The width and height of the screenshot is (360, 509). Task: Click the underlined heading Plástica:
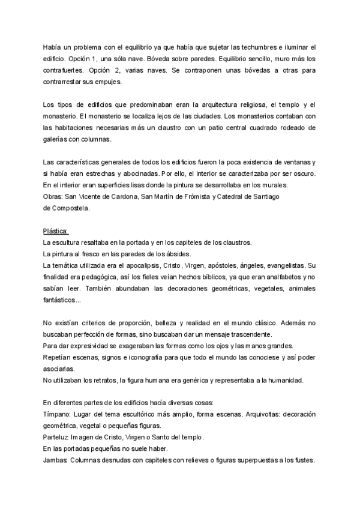[56, 231]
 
